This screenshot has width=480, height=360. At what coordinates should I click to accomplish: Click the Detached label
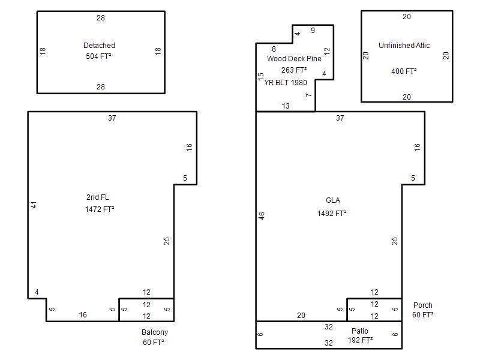tap(99, 46)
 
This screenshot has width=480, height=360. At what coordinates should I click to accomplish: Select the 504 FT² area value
tap(98, 56)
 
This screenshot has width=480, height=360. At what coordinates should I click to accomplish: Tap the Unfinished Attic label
tap(404, 46)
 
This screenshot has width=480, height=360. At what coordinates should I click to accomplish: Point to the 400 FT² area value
tap(404, 71)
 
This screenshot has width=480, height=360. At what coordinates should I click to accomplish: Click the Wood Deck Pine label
tap(294, 58)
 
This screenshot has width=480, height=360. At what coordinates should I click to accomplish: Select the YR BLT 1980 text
tap(286, 83)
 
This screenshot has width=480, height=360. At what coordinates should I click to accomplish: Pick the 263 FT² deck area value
tap(294, 70)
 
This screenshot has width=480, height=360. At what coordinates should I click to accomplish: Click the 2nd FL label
tap(97, 197)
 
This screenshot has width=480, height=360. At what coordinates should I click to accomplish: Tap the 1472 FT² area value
tap(100, 209)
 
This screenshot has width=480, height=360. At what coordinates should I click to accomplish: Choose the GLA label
tap(333, 200)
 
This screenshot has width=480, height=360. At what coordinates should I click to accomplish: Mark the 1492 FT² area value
tap(332, 214)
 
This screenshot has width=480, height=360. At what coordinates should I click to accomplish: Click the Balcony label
tap(155, 332)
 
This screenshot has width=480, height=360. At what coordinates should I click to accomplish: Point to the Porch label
tap(423, 305)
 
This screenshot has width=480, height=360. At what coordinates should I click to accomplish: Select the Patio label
tap(359, 331)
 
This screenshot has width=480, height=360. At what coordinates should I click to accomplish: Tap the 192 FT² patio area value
tap(360, 340)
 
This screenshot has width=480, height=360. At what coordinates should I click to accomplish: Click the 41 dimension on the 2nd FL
tap(34, 205)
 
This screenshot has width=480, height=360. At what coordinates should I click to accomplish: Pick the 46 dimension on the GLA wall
tap(262, 216)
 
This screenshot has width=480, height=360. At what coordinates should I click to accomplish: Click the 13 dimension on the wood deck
tap(286, 106)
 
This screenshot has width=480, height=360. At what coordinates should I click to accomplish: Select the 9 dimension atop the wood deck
tap(313, 31)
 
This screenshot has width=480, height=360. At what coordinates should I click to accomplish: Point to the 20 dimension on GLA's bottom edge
tap(301, 316)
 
